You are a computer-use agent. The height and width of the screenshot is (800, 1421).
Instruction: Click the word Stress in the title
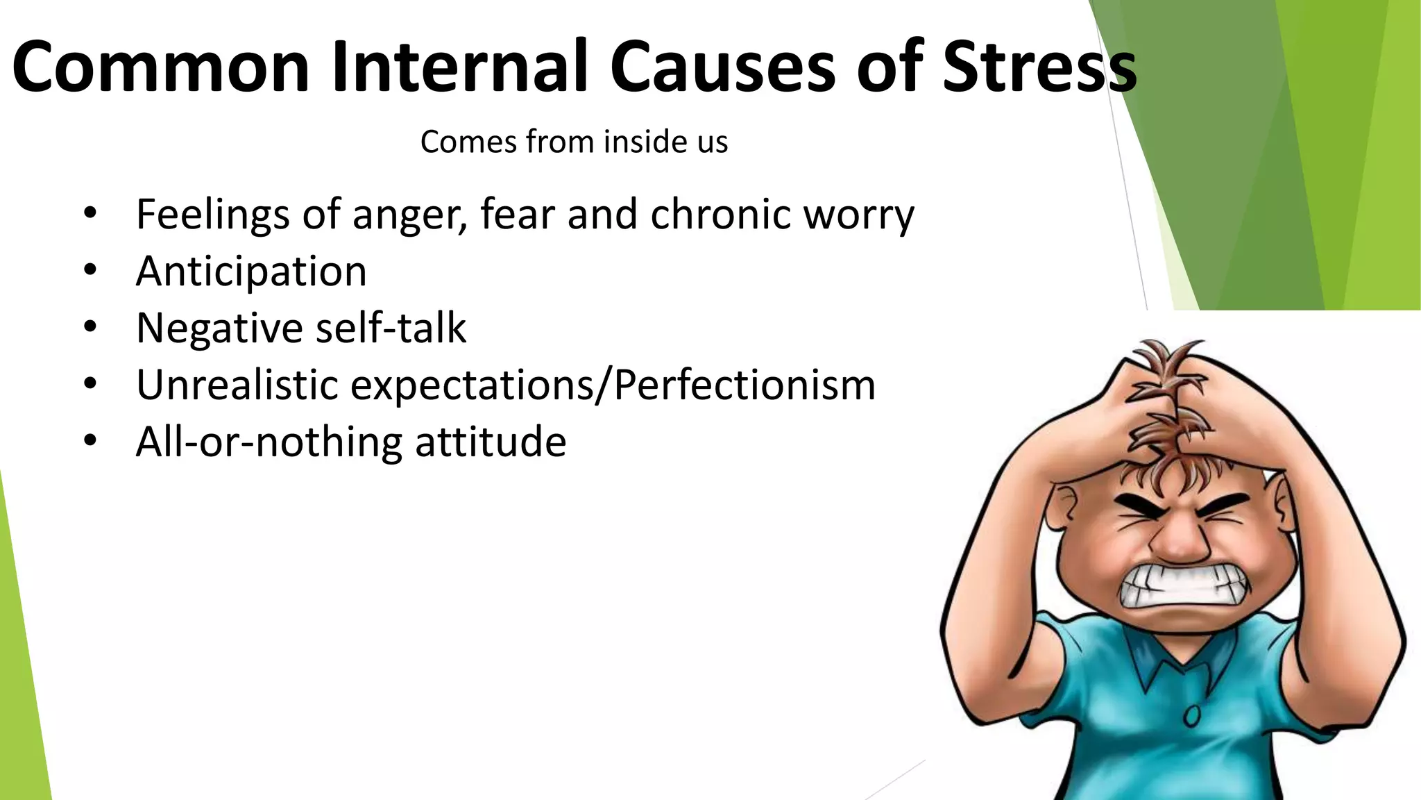1039,67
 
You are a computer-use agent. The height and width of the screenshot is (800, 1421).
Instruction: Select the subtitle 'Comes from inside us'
574,142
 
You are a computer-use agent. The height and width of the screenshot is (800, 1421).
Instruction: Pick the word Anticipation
251,272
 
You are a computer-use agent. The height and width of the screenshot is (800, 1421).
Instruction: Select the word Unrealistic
237,385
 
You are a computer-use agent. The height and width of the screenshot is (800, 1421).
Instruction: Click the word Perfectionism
744,385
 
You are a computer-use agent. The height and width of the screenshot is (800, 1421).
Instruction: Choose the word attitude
491,442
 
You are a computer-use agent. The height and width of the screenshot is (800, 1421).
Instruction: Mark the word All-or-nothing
269,442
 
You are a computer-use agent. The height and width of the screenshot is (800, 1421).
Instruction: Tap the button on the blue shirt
1192,715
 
